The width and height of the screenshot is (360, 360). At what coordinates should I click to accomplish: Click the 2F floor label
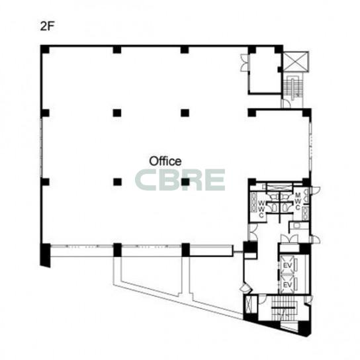[47, 26]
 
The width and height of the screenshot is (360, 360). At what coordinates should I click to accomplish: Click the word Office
[165, 161]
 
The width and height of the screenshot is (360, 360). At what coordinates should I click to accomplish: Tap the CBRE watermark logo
[180, 180]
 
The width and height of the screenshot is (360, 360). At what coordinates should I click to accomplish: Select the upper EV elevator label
[287, 265]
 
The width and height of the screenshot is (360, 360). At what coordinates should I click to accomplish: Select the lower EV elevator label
[287, 285]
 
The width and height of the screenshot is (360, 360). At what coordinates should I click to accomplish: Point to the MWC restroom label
[298, 201]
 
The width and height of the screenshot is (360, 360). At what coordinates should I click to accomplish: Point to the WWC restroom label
[261, 209]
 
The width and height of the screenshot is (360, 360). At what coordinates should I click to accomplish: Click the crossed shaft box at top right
[296, 62]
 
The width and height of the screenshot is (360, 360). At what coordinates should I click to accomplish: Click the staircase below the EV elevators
[283, 308]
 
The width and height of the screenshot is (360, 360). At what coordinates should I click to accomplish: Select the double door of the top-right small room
[244, 62]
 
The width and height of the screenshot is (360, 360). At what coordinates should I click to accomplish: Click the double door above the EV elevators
[289, 239]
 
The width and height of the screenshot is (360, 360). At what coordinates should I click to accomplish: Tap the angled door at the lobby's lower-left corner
[246, 289]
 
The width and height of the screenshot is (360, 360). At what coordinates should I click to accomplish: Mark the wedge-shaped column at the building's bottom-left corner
[45, 255]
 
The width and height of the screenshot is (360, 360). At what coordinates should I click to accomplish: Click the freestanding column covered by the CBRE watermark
[185, 182]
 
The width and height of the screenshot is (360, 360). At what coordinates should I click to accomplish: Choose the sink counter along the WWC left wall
[253, 202]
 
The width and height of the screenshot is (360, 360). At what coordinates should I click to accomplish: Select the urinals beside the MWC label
[306, 196]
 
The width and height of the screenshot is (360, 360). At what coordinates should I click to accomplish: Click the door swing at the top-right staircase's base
[286, 103]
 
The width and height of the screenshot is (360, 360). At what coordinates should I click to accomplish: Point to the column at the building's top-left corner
[45, 50]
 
